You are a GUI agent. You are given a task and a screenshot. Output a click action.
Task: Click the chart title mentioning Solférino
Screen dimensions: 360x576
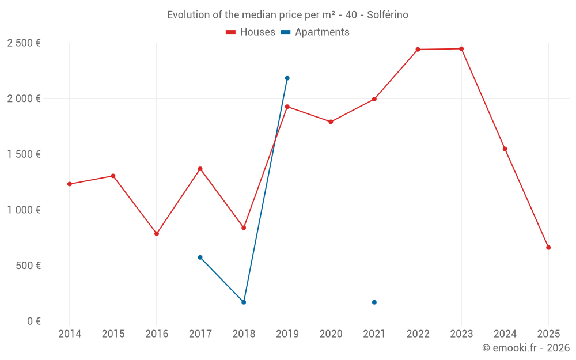coord(287,15)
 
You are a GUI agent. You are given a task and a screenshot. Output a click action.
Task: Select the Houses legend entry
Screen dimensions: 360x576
coord(251,32)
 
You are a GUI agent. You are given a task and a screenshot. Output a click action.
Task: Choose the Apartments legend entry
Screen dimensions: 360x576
coord(315,32)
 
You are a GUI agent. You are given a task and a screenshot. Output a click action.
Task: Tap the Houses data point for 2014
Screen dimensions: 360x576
coord(70,184)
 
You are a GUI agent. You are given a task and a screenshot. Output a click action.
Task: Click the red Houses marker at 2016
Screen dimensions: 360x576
coord(157,234)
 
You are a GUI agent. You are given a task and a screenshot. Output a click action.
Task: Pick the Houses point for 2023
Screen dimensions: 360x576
coord(461,49)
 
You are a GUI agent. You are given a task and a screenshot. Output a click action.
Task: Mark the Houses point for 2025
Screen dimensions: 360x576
coord(548,248)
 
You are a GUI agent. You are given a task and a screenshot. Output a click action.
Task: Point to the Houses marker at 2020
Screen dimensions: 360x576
coord(331,122)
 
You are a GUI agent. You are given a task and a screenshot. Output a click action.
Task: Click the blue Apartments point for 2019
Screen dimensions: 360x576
coord(287,78)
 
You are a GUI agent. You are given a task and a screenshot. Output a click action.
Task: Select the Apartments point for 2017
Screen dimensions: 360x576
coord(200,257)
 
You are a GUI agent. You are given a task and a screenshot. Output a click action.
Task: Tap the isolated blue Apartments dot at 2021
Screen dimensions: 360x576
coord(374,302)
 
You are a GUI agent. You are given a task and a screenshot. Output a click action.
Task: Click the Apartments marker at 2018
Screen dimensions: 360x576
coord(244,302)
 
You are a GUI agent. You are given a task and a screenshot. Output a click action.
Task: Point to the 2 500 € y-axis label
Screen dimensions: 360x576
coord(24,43)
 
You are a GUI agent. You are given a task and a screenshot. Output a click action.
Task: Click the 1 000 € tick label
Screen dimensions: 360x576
coord(24,210)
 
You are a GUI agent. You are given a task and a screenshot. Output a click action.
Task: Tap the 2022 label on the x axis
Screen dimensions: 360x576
coord(418,334)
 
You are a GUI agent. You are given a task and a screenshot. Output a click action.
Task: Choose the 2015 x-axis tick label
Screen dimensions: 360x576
coord(113,334)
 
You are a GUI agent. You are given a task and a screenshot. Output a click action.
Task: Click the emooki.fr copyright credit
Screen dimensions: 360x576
coord(525,348)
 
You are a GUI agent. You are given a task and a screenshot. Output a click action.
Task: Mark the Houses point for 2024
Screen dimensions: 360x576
coord(505,149)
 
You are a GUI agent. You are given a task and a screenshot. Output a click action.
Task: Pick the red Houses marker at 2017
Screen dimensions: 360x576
coord(200,169)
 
